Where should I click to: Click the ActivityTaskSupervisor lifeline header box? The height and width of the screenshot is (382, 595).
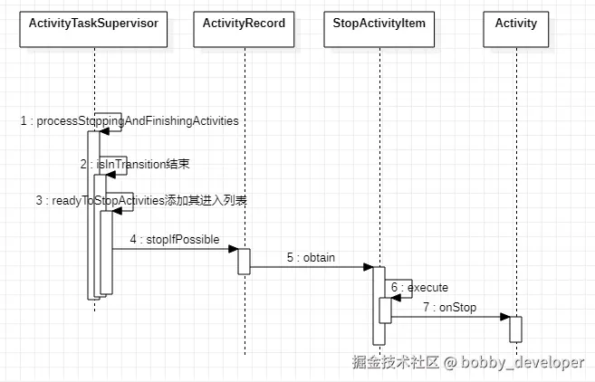tap(94, 24)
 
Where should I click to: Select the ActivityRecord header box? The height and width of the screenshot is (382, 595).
tap(245, 24)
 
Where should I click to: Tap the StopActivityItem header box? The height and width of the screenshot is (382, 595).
tap(380, 24)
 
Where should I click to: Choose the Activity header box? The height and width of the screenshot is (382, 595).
tap(515, 24)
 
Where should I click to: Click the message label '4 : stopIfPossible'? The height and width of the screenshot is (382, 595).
tap(174, 239)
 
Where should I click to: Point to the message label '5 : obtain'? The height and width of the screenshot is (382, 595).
tap(311, 258)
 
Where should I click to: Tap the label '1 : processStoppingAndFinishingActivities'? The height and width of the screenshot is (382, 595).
tap(130, 121)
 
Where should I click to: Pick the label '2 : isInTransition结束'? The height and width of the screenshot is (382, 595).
tap(134, 164)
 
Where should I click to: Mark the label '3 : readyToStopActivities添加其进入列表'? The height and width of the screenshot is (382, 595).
tap(140, 201)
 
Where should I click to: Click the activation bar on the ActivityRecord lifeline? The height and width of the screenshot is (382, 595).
tap(244, 260)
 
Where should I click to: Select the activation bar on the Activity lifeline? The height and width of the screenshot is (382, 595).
tap(515, 329)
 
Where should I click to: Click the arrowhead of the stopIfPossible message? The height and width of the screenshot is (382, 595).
tap(233, 249)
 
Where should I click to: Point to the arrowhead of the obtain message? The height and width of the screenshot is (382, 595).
tap(369, 267)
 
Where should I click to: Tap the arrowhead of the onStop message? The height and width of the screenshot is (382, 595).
tap(504, 317)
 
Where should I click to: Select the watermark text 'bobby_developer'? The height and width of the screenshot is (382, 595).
tap(522, 362)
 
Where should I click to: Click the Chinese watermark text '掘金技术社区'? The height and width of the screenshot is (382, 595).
tap(395, 362)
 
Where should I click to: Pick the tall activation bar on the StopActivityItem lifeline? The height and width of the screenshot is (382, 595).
tap(379, 305)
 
